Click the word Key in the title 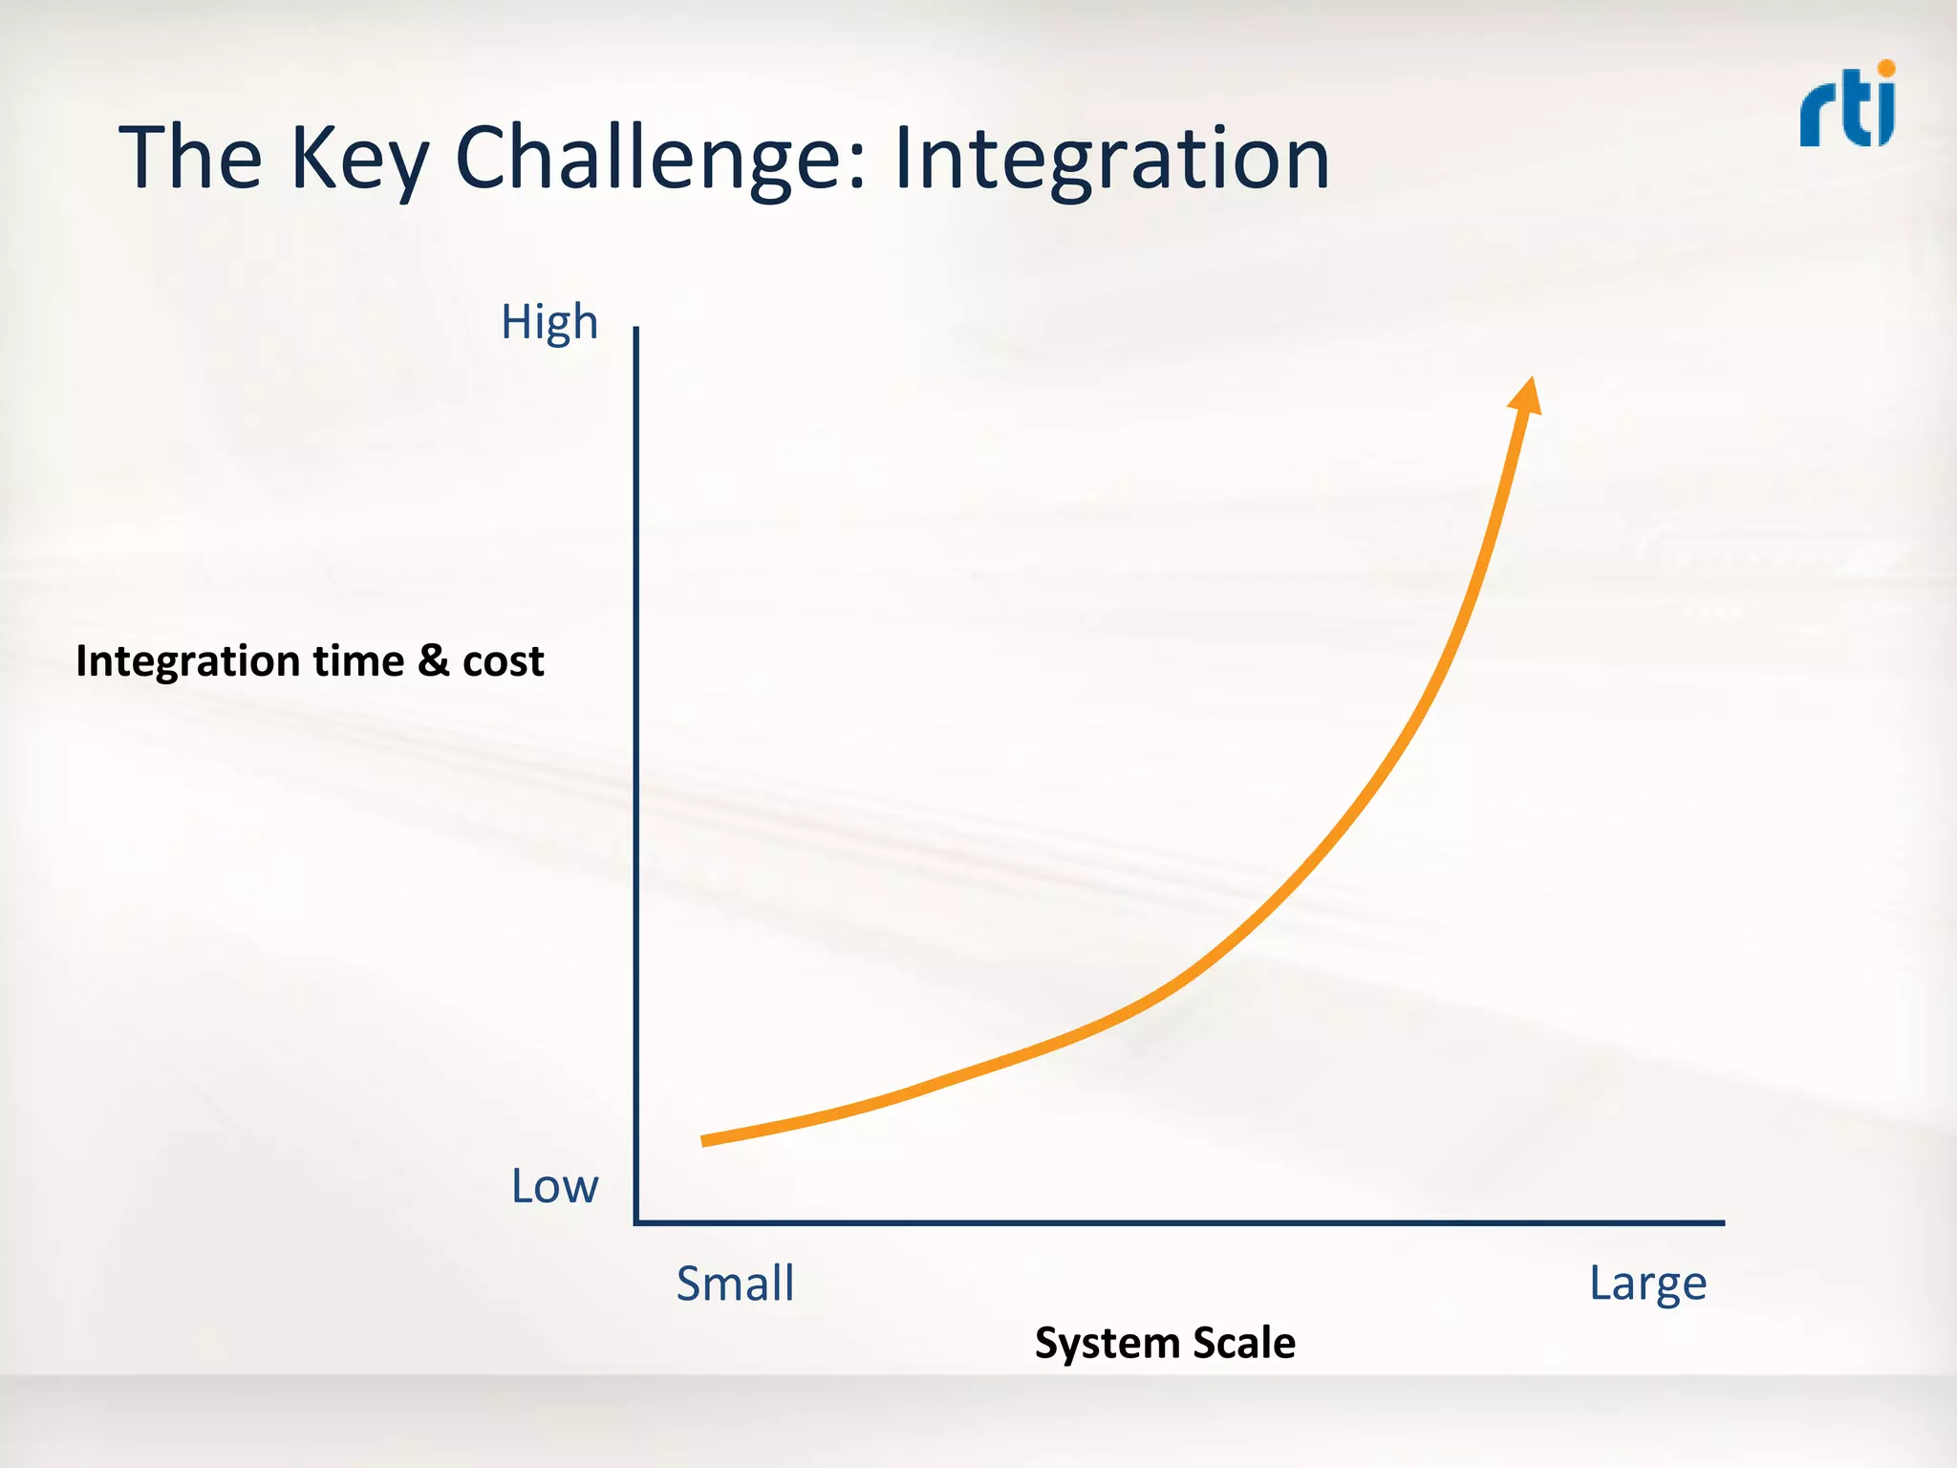coord(359,159)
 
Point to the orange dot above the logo coord(1885,69)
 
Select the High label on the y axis coord(549,323)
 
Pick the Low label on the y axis coord(554,1187)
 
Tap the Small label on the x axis coord(735,1284)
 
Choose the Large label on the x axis coord(1647,1284)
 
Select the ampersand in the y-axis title coord(434,660)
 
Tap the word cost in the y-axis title coord(504,661)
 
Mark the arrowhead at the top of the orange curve coord(1526,395)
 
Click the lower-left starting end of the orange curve coord(705,1140)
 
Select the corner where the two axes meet coord(636,1221)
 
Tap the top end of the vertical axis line coord(636,329)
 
